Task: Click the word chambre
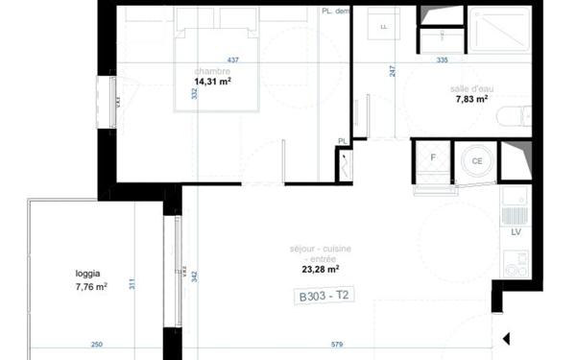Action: pos(212,71)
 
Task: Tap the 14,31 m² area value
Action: pos(213,83)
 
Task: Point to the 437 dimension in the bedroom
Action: pos(232,60)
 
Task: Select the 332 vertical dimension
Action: pos(194,93)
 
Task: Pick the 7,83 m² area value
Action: pos(471,99)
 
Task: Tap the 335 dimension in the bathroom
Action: pos(442,60)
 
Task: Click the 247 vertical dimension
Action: pos(393,70)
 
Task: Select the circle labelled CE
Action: pos(476,161)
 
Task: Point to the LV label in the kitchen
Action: pos(516,232)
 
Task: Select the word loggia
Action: pos(89,272)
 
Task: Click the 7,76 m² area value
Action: pos(91,285)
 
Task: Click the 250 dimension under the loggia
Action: pos(97,345)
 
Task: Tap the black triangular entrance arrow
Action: pos(508,338)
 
